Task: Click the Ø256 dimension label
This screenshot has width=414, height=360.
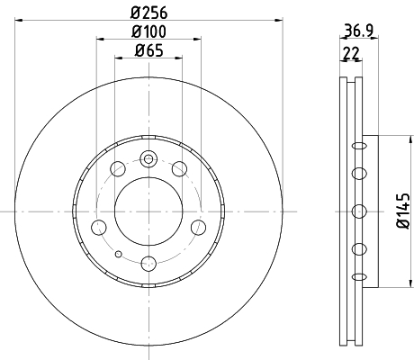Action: [x=148, y=13]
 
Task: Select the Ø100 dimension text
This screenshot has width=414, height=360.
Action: [x=148, y=31]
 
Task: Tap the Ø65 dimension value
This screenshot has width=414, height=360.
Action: [x=149, y=50]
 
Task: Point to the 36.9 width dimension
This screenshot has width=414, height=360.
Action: [x=358, y=31]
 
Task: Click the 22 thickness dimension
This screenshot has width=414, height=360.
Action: [x=351, y=54]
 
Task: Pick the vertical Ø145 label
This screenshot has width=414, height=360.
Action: [x=403, y=211]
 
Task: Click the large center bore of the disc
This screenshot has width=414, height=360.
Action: [x=148, y=211]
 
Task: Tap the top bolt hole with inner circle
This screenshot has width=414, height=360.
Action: [x=148, y=158]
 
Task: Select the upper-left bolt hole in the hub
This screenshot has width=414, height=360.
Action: [x=118, y=168]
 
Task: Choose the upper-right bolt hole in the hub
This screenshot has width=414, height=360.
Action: [x=179, y=168]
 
